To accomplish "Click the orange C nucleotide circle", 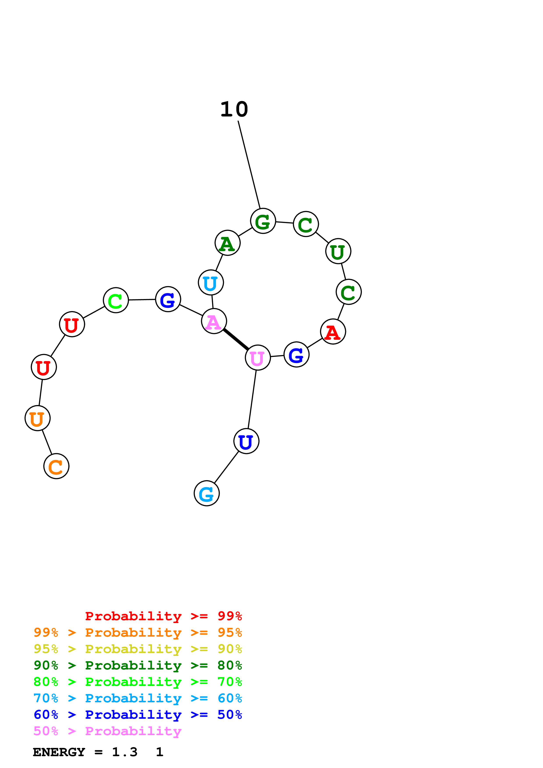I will coord(56,466).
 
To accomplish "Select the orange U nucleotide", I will coord(37,418).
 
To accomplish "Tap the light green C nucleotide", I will coord(116,300).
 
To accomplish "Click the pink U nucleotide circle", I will coord(258,358).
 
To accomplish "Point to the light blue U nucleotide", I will coord(211,283).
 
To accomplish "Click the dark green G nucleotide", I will coord(263,221).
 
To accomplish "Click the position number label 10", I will coord(234,109).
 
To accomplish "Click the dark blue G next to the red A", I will coord(296,355).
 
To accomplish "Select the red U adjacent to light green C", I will coord(72,324).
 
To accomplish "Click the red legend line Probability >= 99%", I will coord(163,616).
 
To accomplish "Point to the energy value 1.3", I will coord(124,752).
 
